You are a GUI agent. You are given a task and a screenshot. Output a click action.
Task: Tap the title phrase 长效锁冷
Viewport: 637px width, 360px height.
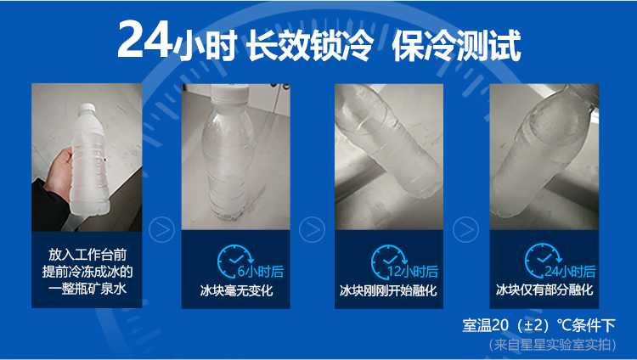(x=310, y=45)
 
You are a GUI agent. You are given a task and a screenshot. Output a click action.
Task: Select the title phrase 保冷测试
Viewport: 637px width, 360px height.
(x=456, y=45)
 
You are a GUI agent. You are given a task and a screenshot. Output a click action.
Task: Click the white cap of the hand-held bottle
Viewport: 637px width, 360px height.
(x=87, y=108)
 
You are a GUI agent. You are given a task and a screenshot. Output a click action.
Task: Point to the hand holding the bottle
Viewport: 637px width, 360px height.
(x=58, y=174)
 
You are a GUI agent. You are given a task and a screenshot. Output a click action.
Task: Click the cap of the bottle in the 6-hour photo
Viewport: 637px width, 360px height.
(x=228, y=94)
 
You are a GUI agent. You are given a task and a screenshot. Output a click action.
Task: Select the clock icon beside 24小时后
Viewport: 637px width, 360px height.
(x=542, y=262)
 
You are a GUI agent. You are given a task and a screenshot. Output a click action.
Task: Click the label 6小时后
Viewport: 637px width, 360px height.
(x=261, y=271)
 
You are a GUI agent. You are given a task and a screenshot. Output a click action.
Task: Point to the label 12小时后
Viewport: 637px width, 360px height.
(x=413, y=271)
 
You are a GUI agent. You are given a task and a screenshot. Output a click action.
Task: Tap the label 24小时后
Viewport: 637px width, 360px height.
(x=570, y=271)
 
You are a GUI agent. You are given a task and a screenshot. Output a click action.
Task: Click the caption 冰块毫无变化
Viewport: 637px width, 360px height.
(x=236, y=290)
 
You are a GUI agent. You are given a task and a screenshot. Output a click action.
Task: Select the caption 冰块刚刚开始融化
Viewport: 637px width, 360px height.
(x=388, y=290)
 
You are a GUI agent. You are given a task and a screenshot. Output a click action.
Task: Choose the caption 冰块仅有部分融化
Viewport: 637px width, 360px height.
(x=544, y=290)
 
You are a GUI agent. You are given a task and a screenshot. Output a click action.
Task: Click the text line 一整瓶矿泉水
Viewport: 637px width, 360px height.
(x=87, y=289)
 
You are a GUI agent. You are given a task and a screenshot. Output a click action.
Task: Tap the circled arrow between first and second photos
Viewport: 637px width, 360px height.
(x=161, y=230)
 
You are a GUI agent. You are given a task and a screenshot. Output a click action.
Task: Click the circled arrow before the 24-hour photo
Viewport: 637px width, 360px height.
(x=465, y=230)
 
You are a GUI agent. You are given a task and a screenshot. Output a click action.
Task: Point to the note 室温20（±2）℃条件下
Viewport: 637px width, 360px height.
(x=538, y=325)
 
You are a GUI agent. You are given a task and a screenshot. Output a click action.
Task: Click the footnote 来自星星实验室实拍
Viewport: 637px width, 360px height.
(x=553, y=345)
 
